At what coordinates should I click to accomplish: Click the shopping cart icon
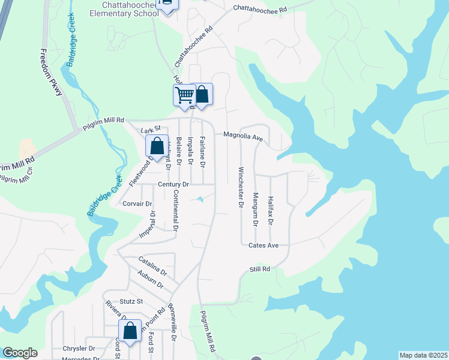(x=185, y=95)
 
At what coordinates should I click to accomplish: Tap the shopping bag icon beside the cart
(x=202, y=94)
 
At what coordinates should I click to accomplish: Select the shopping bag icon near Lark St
(x=157, y=146)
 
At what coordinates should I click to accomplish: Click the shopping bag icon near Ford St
(x=130, y=331)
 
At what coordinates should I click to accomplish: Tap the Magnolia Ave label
(x=243, y=137)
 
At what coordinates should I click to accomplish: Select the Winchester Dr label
(x=241, y=187)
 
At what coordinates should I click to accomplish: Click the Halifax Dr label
(x=271, y=210)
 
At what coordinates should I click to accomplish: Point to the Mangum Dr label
(x=255, y=209)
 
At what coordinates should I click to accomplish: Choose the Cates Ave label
(x=264, y=245)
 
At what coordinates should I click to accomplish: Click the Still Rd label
(x=260, y=269)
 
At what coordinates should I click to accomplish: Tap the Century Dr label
(x=174, y=184)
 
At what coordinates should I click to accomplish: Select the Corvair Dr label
(x=137, y=204)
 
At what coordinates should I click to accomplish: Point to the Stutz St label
(x=131, y=301)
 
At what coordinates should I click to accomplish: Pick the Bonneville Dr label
(x=173, y=326)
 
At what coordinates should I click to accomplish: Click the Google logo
(x=19, y=353)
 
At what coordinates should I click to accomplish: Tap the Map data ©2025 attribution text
(x=423, y=355)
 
